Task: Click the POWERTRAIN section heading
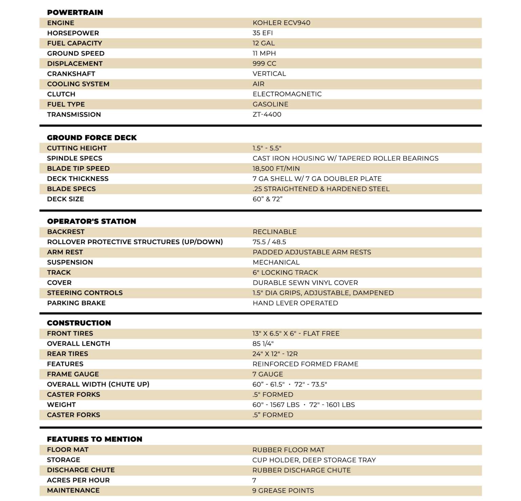pos(75,13)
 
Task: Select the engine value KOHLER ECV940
pos(281,23)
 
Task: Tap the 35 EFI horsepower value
pos(263,33)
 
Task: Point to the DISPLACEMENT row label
pos(75,63)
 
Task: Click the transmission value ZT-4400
pos(267,114)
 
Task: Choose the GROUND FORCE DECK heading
pos(92,138)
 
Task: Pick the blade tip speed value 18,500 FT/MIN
pos(276,169)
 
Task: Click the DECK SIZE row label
pos(65,199)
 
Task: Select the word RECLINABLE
pos(274,232)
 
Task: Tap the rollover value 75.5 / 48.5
pos(269,242)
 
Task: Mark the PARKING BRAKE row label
pos(76,303)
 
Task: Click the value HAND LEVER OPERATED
pos(295,303)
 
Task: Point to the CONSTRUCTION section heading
pos(79,323)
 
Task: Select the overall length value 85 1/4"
pos(263,344)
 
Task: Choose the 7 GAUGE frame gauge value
pos(267,374)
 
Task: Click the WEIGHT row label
pos(61,405)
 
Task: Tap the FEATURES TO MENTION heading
pos(94,439)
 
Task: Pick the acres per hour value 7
pos(254,480)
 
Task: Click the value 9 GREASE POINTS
pos(283,490)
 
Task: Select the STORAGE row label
pos(63,460)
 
